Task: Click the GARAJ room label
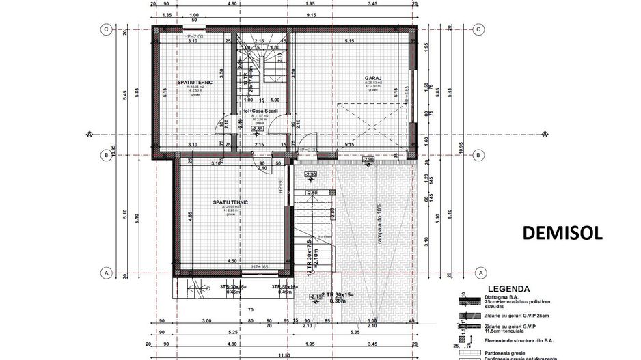coord(372,79)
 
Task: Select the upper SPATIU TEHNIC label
coord(195,83)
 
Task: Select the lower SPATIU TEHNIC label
coord(230,202)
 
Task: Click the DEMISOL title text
coord(562,232)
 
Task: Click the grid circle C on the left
coord(107,29)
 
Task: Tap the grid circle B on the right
coord(478,155)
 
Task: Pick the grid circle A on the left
coord(107,272)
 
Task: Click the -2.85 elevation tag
coord(257,128)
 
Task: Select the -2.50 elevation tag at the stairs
coord(312,193)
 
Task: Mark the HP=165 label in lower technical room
coord(260,266)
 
